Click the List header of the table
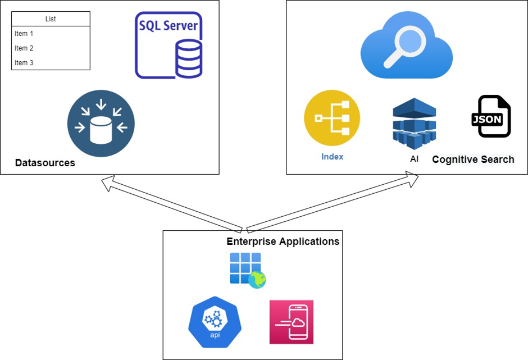(51, 19)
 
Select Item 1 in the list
(24, 34)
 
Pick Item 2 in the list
(24, 48)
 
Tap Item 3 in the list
(24, 63)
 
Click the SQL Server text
(169, 26)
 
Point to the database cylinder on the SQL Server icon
(189, 58)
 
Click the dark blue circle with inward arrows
(101, 123)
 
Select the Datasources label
(45, 163)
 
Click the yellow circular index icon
(332, 118)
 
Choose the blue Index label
(333, 157)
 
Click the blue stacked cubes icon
(414, 124)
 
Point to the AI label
(414, 159)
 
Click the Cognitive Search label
(473, 160)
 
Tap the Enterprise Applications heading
(283, 241)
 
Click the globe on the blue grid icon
(257, 280)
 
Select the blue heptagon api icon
(215, 322)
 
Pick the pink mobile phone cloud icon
(292, 322)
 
